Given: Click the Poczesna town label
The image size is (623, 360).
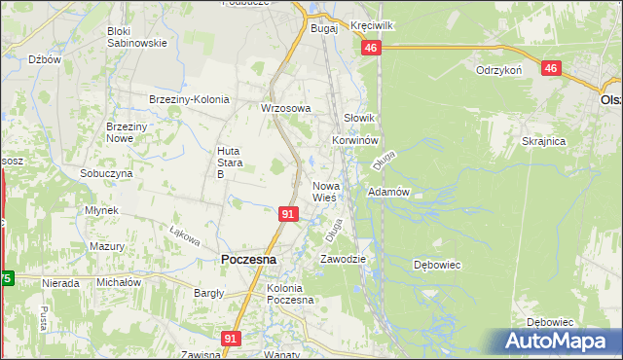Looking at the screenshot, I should tap(249, 260).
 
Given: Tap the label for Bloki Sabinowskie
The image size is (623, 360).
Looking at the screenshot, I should tap(137, 37).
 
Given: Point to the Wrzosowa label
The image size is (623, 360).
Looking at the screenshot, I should tap(285, 108).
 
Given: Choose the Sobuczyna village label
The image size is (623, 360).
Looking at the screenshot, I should tap(106, 172).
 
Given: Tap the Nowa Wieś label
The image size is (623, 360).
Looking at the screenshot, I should tap(324, 192).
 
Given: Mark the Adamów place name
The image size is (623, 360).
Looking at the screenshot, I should tap(387, 193).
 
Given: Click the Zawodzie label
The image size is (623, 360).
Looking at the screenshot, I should tap(344, 260).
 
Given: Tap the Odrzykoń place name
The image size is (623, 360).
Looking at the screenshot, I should tap(499, 71).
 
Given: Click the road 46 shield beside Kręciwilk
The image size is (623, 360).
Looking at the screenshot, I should tap(370, 48).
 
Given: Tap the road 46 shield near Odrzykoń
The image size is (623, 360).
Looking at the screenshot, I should tap(552, 68).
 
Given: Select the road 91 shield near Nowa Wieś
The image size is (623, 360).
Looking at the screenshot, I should tap(288, 213).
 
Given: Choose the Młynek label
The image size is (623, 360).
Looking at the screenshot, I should tap(101, 210).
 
